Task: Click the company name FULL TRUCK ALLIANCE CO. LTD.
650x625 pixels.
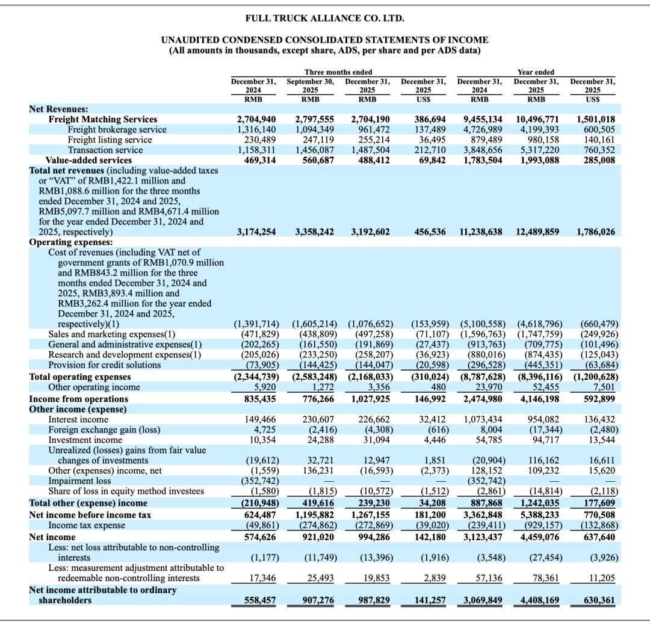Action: [324, 18]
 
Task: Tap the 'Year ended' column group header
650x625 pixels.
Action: [536, 72]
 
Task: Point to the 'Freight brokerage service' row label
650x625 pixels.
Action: [117, 129]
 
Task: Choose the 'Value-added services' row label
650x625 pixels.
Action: [88, 160]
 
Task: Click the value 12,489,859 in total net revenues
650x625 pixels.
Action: [538, 232]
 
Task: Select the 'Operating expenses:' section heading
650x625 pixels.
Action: [71, 242]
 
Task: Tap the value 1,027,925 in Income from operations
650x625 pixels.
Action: [369, 399]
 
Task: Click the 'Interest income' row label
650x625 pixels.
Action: [78, 419]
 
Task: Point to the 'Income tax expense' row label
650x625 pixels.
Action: [87, 526]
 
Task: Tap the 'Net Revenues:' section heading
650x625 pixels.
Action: [58, 109]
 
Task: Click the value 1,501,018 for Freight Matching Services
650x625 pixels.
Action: [597, 119]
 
